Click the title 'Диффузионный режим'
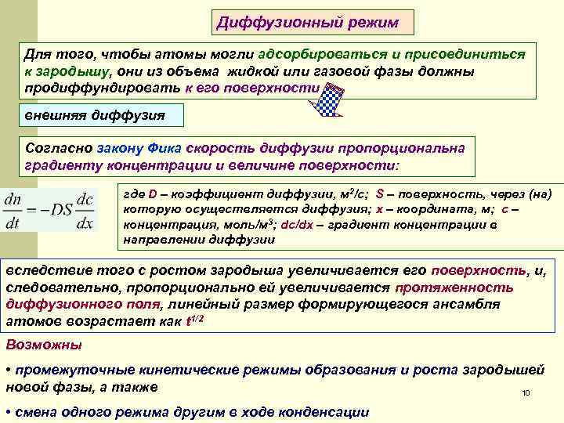pyautogui.click(x=313, y=23)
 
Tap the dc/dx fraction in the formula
pyautogui.click(x=85, y=211)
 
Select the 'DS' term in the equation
pyautogui.click(x=58, y=211)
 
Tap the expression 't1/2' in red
pyautogui.click(x=198, y=320)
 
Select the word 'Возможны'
pyautogui.click(x=43, y=345)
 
